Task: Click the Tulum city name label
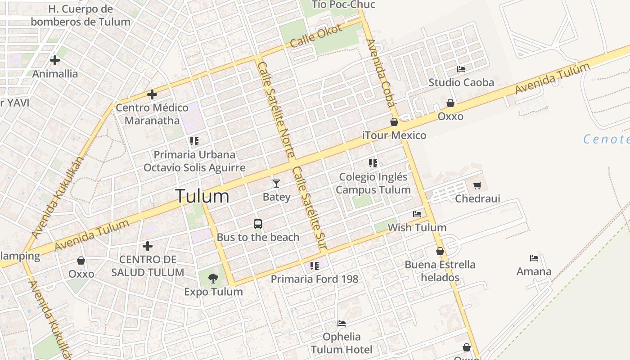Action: pyautogui.click(x=202, y=196)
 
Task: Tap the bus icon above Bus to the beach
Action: pyautogui.click(x=258, y=224)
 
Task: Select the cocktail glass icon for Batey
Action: pyautogui.click(x=276, y=183)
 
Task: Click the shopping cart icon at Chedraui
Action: pyautogui.click(x=477, y=185)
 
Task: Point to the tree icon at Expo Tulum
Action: pyautogui.click(x=213, y=279)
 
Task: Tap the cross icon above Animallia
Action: pyautogui.click(x=55, y=60)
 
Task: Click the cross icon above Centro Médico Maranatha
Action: pyautogui.click(x=152, y=94)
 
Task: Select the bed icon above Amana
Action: pyautogui.click(x=534, y=258)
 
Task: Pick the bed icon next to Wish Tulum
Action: pyautogui.click(x=417, y=214)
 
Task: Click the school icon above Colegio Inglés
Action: pyautogui.click(x=373, y=163)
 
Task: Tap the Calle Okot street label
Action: pyautogui.click(x=316, y=36)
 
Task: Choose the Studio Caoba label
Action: pyautogui.click(x=461, y=82)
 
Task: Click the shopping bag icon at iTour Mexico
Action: pyautogui.click(x=394, y=122)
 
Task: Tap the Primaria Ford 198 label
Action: pyautogui.click(x=315, y=279)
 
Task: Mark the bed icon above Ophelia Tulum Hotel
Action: pyautogui.click(x=342, y=324)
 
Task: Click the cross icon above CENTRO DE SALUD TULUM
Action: pyautogui.click(x=148, y=246)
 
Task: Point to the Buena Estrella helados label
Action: pyautogui.click(x=440, y=270)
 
